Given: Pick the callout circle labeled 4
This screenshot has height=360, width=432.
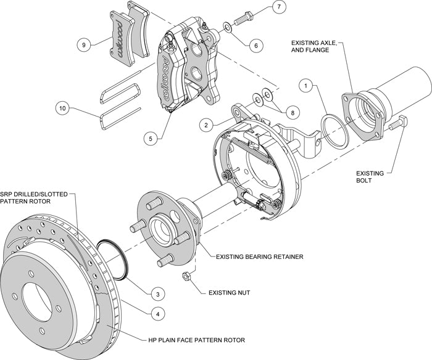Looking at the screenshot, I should [159, 314].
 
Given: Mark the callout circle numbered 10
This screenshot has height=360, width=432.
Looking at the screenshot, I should [61, 109].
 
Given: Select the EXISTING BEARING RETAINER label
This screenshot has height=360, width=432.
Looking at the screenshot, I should [259, 255].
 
